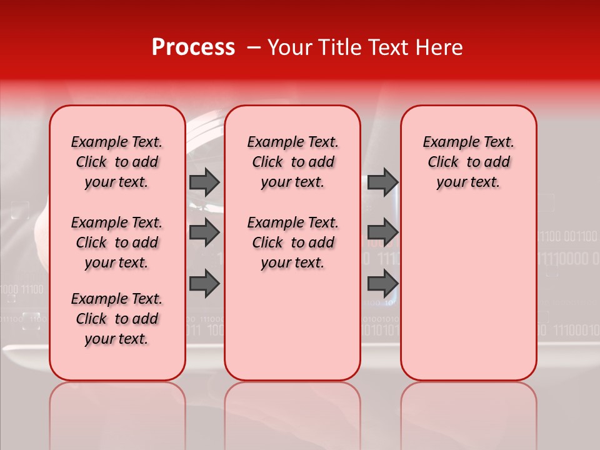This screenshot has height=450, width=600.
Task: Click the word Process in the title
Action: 193,47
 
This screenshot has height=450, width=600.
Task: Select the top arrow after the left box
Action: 204,182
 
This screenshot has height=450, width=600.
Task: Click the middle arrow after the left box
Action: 204,232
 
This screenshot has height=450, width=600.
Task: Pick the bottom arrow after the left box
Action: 204,284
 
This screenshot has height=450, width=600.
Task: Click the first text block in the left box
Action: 117,162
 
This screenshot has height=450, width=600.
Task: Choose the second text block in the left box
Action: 117,242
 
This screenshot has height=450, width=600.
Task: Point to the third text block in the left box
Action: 117,319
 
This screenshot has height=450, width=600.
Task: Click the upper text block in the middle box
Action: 292,162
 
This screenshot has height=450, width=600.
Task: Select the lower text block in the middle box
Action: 292,242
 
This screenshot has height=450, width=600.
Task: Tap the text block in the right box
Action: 469,162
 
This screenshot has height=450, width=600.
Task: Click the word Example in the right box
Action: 445,142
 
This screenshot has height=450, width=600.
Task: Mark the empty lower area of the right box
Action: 469,300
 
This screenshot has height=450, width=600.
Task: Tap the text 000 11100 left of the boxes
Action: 22,289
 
